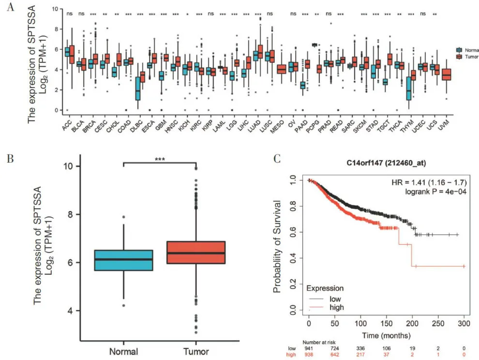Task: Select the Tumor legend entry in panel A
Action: (466, 57)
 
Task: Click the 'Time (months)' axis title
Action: (387, 335)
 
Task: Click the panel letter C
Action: (276, 158)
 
